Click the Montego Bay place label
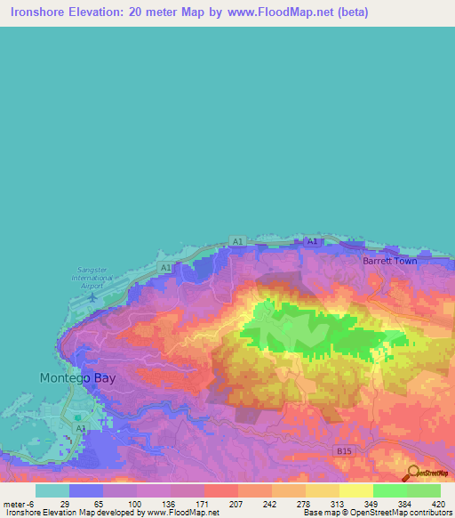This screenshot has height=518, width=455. [77, 377]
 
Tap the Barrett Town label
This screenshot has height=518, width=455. [389, 261]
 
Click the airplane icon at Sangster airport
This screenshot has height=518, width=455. [92, 296]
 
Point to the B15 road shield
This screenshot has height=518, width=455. [345, 451]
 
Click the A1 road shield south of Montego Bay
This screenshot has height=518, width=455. [81, 428]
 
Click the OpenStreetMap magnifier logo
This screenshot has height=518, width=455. [411, 473]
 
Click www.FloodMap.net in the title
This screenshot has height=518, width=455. [275, 12]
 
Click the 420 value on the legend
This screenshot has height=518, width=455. [437, 503]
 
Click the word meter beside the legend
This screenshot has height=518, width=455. [14, 503]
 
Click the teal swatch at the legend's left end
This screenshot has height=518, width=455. [52, 490]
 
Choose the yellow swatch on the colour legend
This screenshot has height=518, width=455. [355, 490]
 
